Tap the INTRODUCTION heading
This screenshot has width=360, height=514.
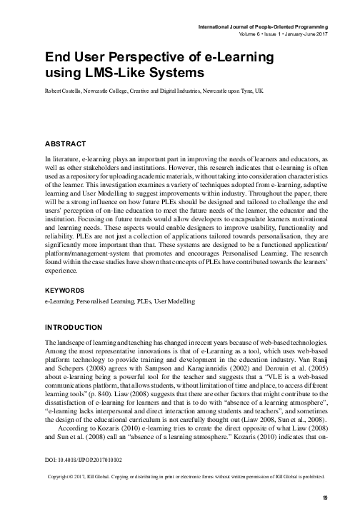coord(74,327)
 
